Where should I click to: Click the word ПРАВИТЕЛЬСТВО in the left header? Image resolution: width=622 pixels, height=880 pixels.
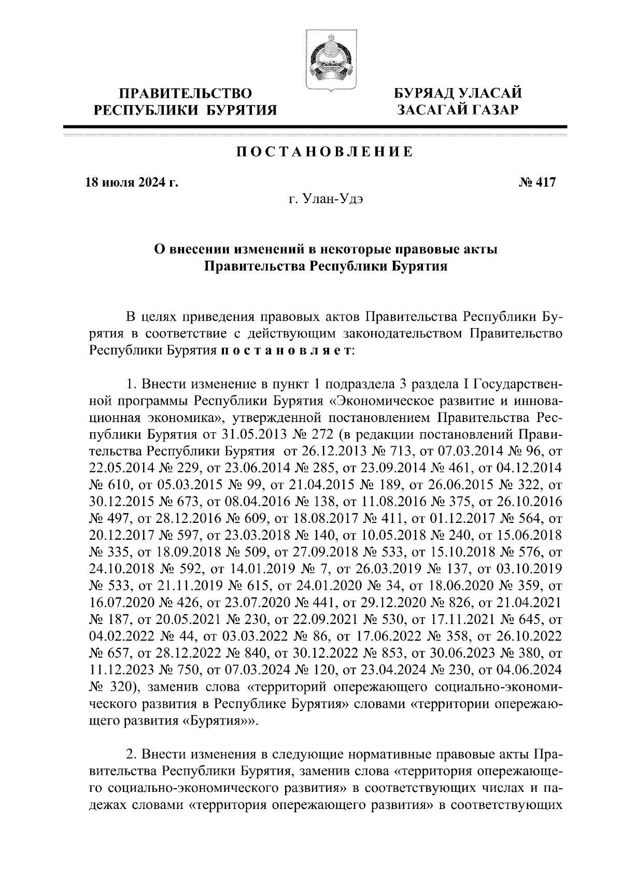186,94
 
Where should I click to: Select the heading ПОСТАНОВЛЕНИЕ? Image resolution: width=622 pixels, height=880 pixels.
325,152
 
